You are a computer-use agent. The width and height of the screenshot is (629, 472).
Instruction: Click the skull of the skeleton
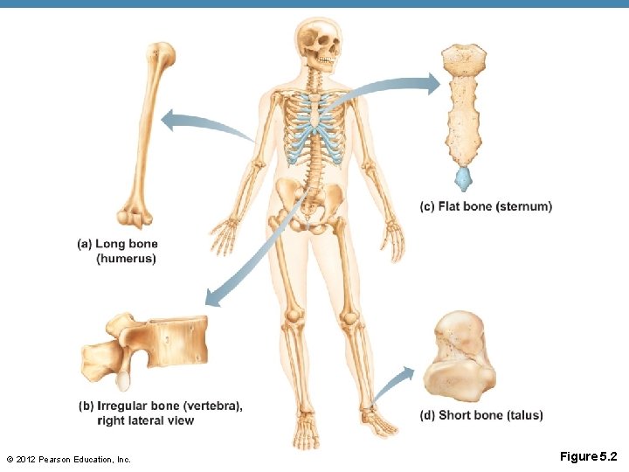(x=316, y=44)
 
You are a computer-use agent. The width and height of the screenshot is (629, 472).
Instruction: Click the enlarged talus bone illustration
(x=460, y=358)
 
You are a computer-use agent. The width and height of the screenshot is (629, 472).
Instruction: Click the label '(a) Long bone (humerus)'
(x=118, y=251)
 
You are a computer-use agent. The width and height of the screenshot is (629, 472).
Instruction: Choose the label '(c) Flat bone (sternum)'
(x=486, y=206)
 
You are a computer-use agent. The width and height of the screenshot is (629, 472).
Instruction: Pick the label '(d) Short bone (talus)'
(x=481, y=415)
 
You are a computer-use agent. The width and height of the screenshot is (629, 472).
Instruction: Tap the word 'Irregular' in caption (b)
(x=126, y=406)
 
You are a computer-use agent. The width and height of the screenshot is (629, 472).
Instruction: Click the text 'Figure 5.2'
(x=588, y=456)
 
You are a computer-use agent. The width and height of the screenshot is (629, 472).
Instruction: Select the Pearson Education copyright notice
(x=68, y=459)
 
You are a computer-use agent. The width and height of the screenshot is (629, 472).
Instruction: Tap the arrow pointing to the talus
(x=395, y=383)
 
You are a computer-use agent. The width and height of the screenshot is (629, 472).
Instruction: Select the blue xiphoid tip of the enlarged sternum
(x=463, y=179)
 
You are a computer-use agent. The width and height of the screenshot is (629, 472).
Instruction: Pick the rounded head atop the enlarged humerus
(x=161, y=54)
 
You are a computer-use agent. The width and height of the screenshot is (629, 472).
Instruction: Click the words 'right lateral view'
(x=146, y=420)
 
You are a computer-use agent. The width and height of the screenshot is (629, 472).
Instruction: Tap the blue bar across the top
(x=314, y=3)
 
